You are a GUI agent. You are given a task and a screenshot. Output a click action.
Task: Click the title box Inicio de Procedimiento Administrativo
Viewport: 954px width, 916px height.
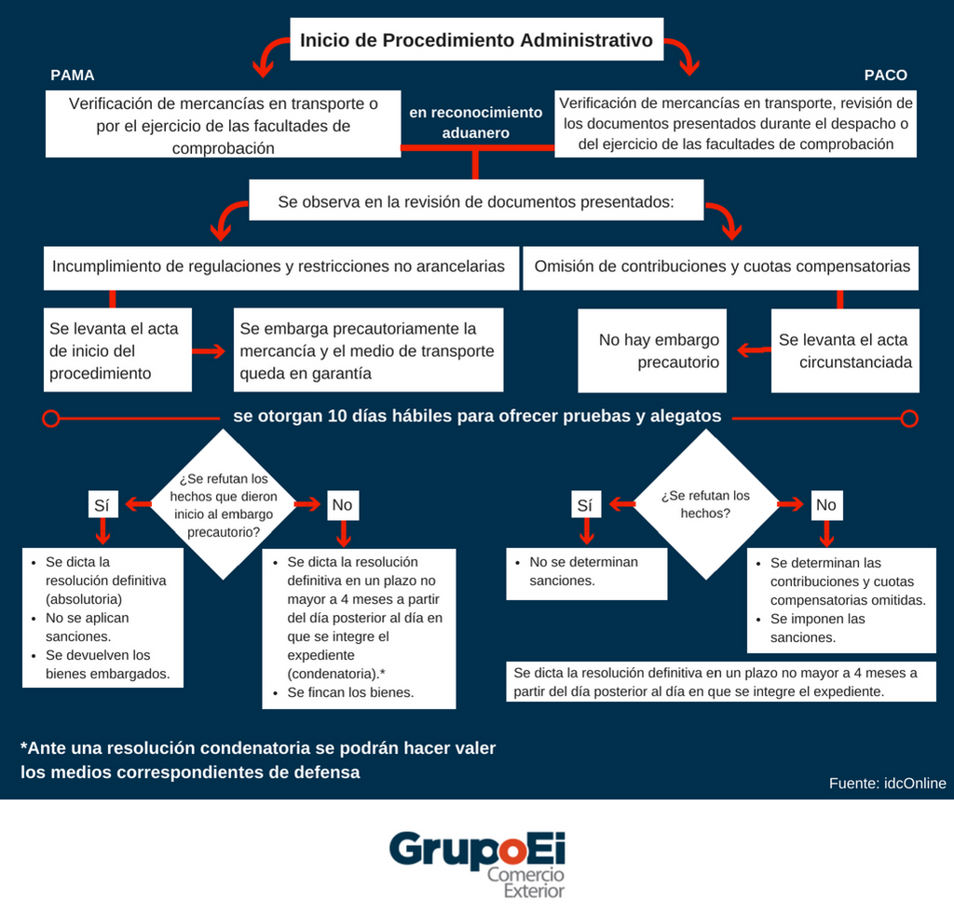pyautogui.click(x=476, y=41)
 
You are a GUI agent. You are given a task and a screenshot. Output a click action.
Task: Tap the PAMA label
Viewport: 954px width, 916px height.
pyautogui.click(x=73, y=75)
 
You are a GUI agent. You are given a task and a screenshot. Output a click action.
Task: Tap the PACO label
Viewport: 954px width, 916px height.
pyautogui.click(x=885, y=75)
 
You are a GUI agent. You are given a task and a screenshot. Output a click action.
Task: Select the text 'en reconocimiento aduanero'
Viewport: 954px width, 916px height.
pyautogui.click(x=475, y=122)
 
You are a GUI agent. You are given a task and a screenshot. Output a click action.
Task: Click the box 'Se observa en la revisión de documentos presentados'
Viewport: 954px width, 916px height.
pyautogui.click(x=475, y=200)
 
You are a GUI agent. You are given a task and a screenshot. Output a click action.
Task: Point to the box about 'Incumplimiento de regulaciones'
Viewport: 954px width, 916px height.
pyautogui.click(x=278, y=267)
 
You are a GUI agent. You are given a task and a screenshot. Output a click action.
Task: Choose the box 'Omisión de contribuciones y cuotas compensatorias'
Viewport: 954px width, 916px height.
pyautogui.click(x=721, y=267)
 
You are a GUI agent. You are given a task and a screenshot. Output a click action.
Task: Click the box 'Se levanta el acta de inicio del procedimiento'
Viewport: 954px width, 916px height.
pyautogui.click(x=118, y=350)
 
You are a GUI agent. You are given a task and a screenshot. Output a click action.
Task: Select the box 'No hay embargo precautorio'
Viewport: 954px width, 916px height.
pyautogui.click(x=660, y=350)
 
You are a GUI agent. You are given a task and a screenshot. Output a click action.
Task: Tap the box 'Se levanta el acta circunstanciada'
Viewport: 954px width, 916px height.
pyautogui.click(x=845, y=350)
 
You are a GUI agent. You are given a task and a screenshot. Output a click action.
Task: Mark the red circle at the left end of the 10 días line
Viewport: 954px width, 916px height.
pyautogui.click(x=52, y=417)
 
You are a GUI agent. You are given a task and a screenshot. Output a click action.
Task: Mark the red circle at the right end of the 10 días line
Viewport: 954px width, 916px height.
pyautogui.click(x=909, y=417)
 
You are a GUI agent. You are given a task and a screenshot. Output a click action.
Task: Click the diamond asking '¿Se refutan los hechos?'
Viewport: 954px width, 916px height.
pyautogui.click(x=704, y=504)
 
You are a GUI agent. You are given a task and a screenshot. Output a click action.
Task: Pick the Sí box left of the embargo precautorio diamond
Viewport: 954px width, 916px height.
pyautogui.click(x=102, y=505)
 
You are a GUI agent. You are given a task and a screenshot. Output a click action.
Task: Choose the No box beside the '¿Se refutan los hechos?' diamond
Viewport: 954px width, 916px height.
pyautogui.click(x=825, y=505)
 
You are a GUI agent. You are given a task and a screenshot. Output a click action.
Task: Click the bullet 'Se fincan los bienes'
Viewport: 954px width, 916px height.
pyautogui.click(x=350, y=692)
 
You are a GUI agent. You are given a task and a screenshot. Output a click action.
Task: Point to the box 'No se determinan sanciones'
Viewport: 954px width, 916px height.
pyautogui.click(x=587, y=571)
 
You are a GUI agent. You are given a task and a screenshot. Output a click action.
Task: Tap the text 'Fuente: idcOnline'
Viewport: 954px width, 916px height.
pyautogui.click(x=887, y=783)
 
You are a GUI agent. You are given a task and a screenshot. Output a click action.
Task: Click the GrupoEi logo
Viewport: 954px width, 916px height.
pyautogui.click(x=477, y=862)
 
